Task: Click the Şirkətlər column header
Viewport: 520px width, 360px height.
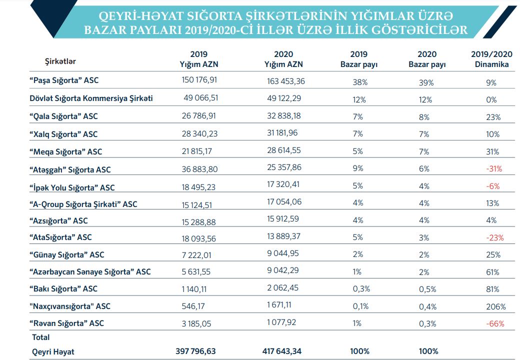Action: tap(60, 61)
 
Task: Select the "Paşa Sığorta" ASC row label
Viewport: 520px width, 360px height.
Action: tap(63, 80)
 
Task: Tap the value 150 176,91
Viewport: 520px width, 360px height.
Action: tap(199, 80)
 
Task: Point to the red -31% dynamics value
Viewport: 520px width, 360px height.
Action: tap(493, 168)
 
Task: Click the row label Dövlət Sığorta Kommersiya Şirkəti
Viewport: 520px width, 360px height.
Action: tap(91, 98)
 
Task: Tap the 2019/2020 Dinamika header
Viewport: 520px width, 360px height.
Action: tap(492, 59)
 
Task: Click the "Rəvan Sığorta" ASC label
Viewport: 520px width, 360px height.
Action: tap(66, 323)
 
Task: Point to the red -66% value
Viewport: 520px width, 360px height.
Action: tap(494, 323)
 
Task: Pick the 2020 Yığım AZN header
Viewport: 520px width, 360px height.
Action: tap(283, 59)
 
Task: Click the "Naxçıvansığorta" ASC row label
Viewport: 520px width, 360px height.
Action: tap(70, 306)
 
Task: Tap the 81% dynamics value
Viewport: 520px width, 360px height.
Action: tap(492, 289)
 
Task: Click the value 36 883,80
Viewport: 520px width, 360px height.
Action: tap(199, 169)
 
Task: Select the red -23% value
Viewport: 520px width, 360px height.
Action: tap(493, 237)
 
